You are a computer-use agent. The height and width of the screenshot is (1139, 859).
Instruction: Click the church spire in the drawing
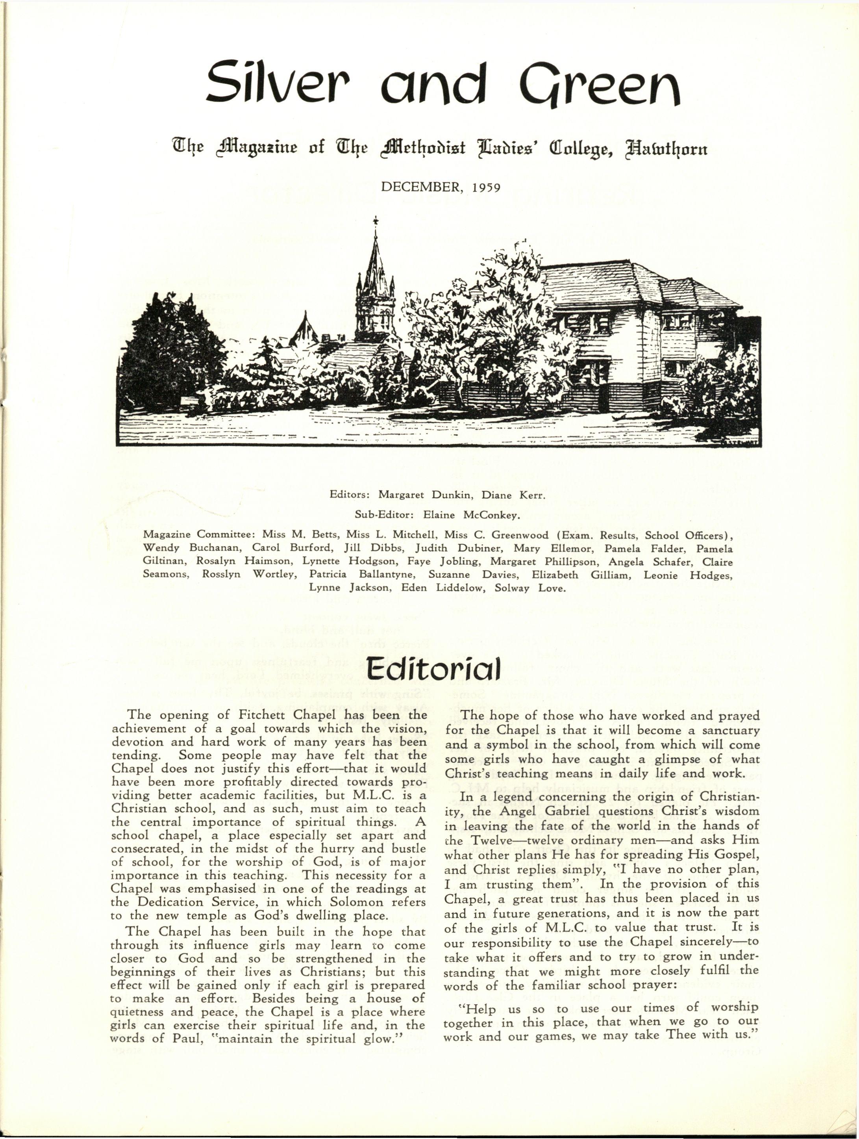coord(375,268)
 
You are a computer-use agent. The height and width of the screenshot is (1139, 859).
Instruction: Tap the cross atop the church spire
coord(375,221)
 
